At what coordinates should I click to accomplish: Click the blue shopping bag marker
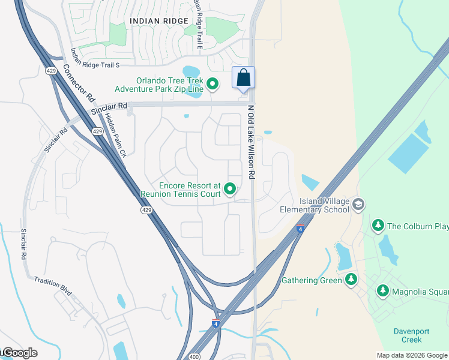(x=243, y=78)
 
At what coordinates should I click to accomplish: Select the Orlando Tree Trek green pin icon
(x=212, y=85)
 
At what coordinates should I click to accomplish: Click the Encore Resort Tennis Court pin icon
(x=229, y=190)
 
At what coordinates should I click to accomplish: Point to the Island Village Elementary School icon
(x=358, y=205)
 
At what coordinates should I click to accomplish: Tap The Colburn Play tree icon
(x=378, y=226)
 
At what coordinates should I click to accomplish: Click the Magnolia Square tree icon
(x=382, y=292)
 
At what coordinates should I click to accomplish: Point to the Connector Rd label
(x=79, y=83)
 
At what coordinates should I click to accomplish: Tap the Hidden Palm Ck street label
(x=115, y=135)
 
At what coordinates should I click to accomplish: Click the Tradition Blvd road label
(x=53, y=285)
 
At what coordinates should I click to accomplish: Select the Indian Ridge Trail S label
(x=95, y=58)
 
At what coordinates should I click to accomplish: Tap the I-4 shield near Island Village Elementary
(x=300, y=228)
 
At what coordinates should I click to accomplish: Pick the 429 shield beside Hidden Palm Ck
(x=97, y=131)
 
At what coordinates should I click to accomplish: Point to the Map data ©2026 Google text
(x=412, y=355)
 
